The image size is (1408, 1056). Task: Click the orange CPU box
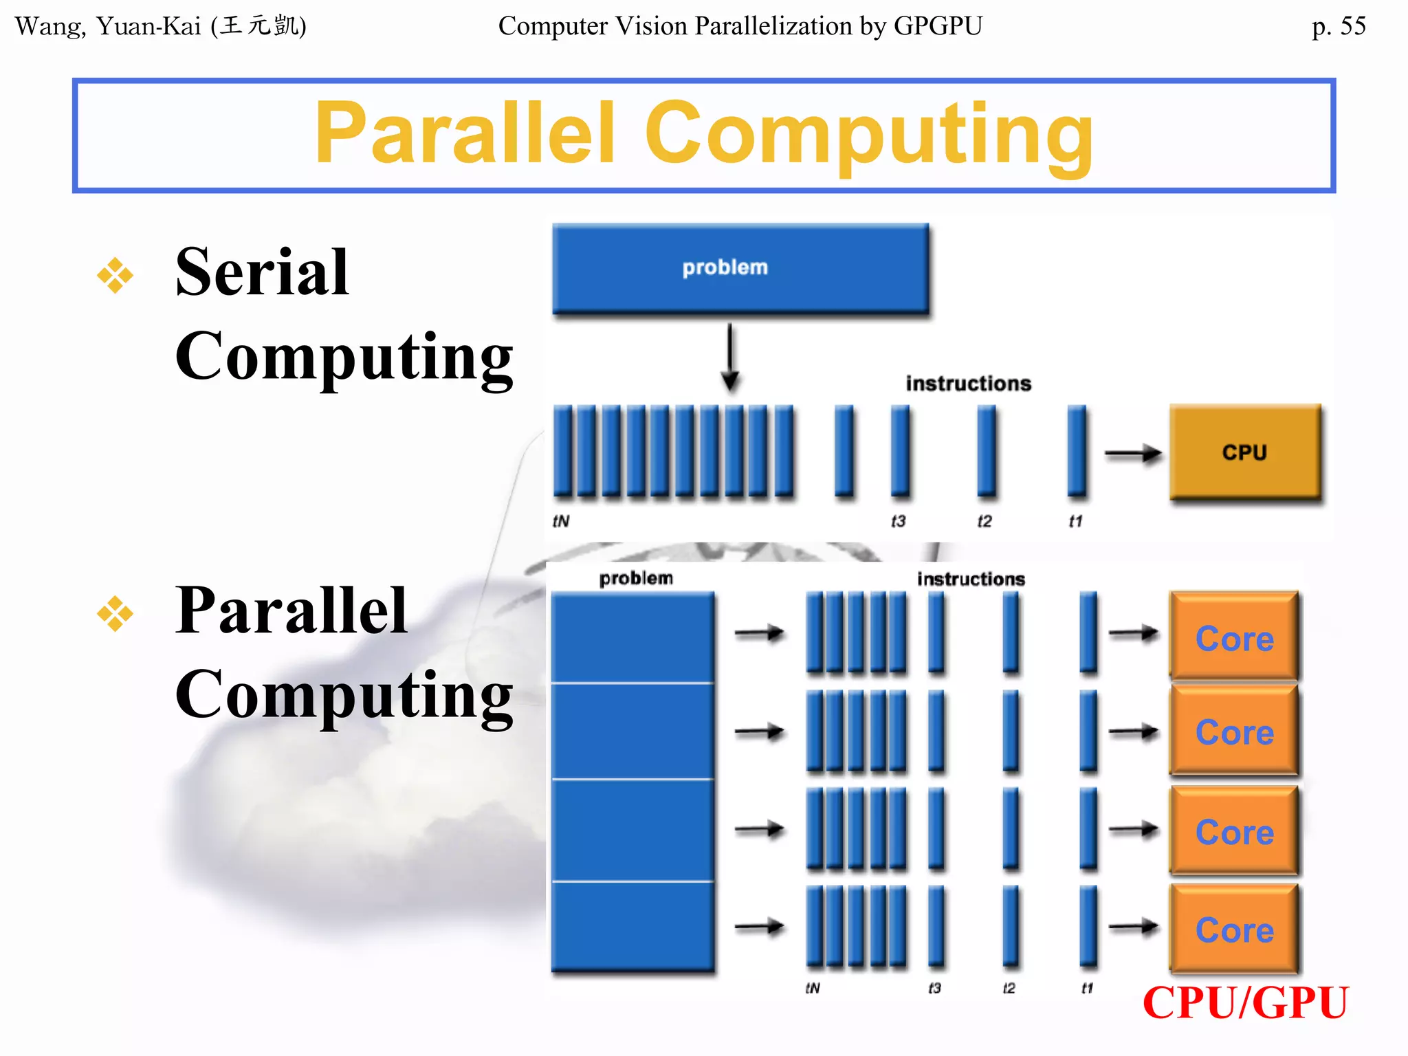pos(1245,452)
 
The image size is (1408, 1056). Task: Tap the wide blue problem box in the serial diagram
pos(740,268)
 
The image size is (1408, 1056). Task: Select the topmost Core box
pos(1234,637)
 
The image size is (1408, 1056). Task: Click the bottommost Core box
pos(1234,929)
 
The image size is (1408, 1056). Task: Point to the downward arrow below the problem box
pos(730,357)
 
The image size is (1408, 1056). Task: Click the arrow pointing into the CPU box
pos(1132,454)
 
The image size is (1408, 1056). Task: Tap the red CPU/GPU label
pos(1245,1003)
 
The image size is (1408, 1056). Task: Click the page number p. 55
pos(1338,26)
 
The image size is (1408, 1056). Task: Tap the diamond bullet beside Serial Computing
pos(115,276)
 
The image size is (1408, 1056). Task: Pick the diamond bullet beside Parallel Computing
pos(115,613)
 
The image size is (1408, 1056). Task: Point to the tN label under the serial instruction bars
pos(561,521)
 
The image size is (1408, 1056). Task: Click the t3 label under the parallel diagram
pos(934,988)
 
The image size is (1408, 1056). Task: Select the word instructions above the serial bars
pos(968,383)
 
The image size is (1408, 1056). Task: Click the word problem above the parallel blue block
pos(636,578)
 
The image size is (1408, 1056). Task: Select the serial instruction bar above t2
pos(987,450)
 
